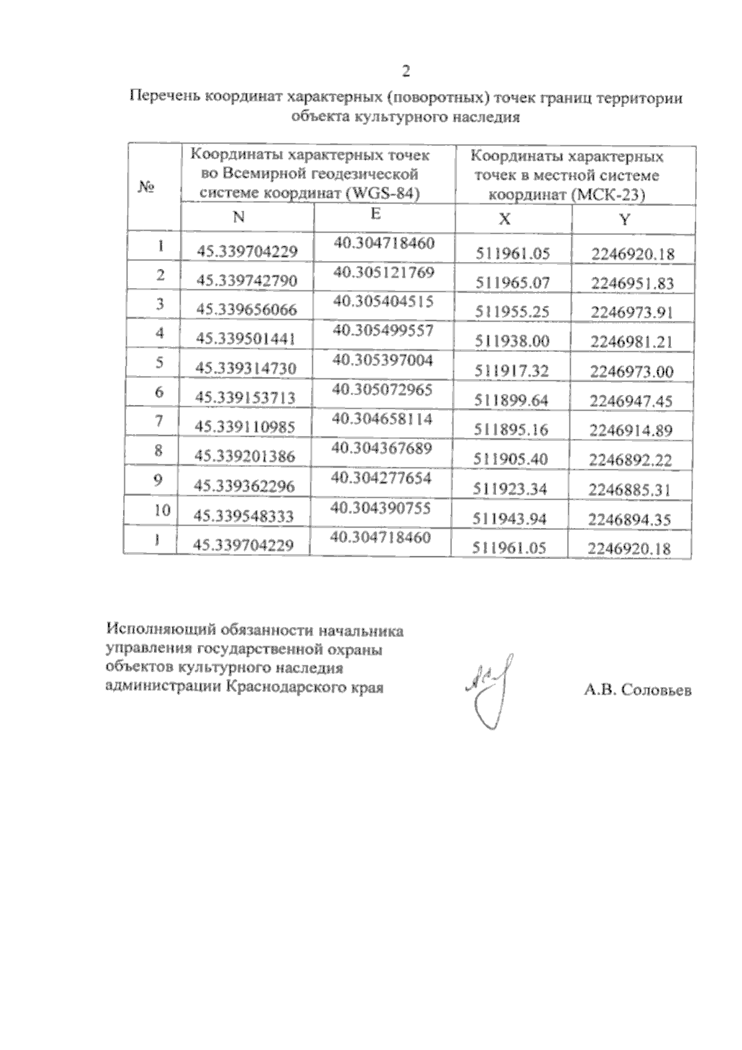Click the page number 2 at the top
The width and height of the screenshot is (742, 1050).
click(406, 71)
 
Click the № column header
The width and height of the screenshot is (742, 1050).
click(147, 186)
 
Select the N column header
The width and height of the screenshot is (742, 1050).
click(239, 217)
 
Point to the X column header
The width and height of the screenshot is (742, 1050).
click(505, 219)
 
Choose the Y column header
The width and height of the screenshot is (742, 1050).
click(625, 220)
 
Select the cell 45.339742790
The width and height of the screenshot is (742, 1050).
click(247, 281)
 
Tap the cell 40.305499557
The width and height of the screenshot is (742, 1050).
click(383, 331)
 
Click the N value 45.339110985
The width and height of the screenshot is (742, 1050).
click(245, 427)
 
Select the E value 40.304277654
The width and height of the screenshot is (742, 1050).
click(381, 478)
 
